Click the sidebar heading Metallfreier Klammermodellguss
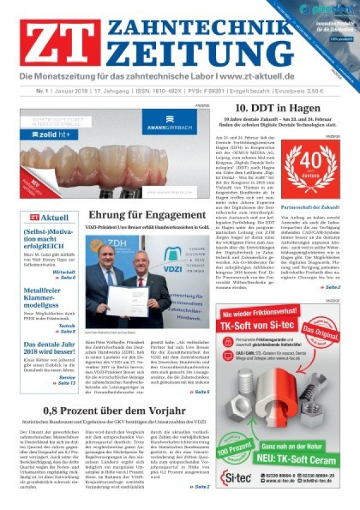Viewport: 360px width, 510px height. coord(49,295)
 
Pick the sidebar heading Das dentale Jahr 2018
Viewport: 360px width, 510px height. coord(49,348)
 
